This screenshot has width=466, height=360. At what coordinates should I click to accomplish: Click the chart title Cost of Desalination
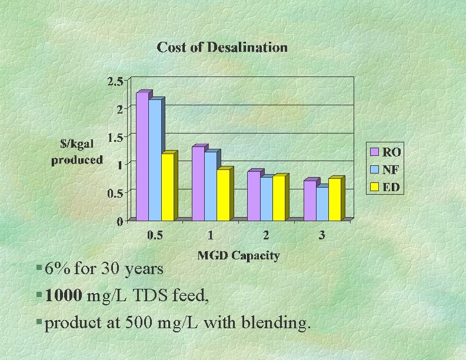[x=222, y=48]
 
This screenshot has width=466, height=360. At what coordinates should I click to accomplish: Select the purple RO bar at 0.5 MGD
[x=142, y=156]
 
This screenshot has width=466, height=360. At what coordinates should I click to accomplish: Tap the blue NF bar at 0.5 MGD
[x=155, y=159]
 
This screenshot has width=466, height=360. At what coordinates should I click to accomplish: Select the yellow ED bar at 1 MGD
[x=223, y=195]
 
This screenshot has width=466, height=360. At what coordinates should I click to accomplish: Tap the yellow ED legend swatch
[x=374, y=188]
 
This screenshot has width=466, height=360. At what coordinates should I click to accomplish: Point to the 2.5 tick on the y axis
[x=115, y=81]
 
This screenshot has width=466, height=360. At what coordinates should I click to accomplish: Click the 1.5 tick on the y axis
[x=115, y=137]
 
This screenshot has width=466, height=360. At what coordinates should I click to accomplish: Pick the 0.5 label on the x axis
[x=155, y=236]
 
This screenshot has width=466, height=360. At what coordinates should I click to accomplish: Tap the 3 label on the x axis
[x=322, y=236]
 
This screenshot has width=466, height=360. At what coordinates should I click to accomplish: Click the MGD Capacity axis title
[x=238, y=255]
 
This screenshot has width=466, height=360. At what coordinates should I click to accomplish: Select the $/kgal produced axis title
[x=77, y=151]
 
